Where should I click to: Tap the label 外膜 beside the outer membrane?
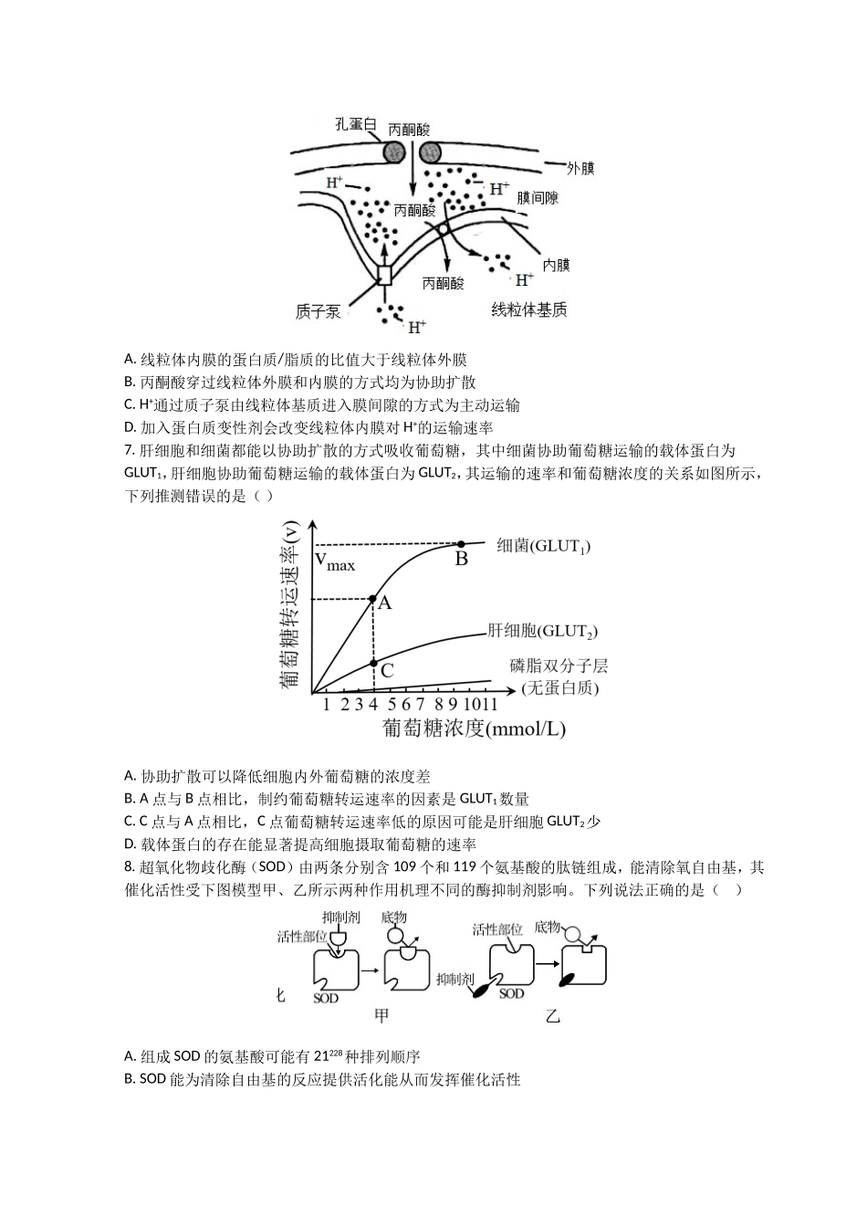click(580, 169)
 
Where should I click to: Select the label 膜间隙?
click(538, 197)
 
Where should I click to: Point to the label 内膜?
click(556, 265)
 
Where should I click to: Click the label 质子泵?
click(318, 311)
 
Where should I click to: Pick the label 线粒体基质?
click(529, 310)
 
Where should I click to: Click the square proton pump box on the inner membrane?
click(384, 275)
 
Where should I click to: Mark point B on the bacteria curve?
click(461, 544)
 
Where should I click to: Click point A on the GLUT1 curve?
click(372, 600)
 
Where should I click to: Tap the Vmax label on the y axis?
click(335, 562)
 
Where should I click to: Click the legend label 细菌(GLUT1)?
click(543, 546)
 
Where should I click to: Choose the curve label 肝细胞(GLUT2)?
click(543, 631)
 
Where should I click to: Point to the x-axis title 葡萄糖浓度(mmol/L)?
click(474, 729)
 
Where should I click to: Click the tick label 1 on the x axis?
click(326, 704)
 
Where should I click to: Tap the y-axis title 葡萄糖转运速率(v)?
click(289, 604)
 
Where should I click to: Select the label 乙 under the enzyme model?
click(552, 1015)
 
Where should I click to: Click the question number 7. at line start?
click(130, 451)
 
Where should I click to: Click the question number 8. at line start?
click(130, 867)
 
